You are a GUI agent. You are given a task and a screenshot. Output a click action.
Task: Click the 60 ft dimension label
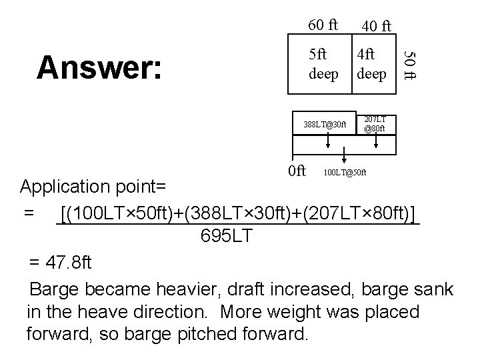click(x=323, y=25)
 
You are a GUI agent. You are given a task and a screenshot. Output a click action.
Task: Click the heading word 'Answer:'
click(x=99, y=67)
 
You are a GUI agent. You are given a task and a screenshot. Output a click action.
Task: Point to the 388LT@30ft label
click(x=325, y=124)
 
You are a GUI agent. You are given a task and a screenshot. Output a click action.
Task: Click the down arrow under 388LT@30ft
click(x=327, y=145)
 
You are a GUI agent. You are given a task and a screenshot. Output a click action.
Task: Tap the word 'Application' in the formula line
click(x=67, y=185)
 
